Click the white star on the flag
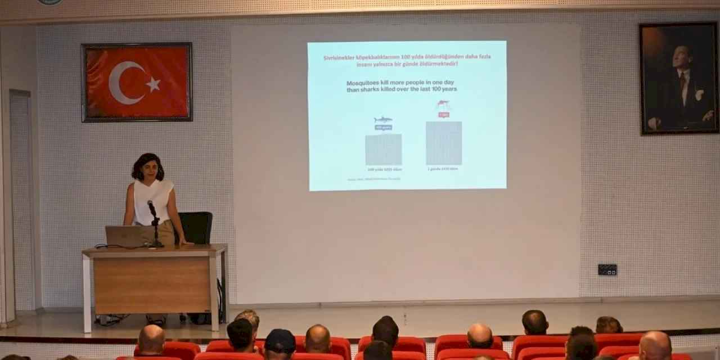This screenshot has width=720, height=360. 153,84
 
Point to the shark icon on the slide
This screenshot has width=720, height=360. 383,120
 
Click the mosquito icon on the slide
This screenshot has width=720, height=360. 443,105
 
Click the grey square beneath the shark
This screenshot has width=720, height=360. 383,150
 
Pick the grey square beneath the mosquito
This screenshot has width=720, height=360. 443,143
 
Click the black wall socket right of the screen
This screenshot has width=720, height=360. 607,269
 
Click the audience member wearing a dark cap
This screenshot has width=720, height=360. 280,343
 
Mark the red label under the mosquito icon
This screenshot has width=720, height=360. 443,115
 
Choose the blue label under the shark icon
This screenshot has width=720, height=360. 383,128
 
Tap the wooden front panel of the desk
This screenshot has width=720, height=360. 152,285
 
